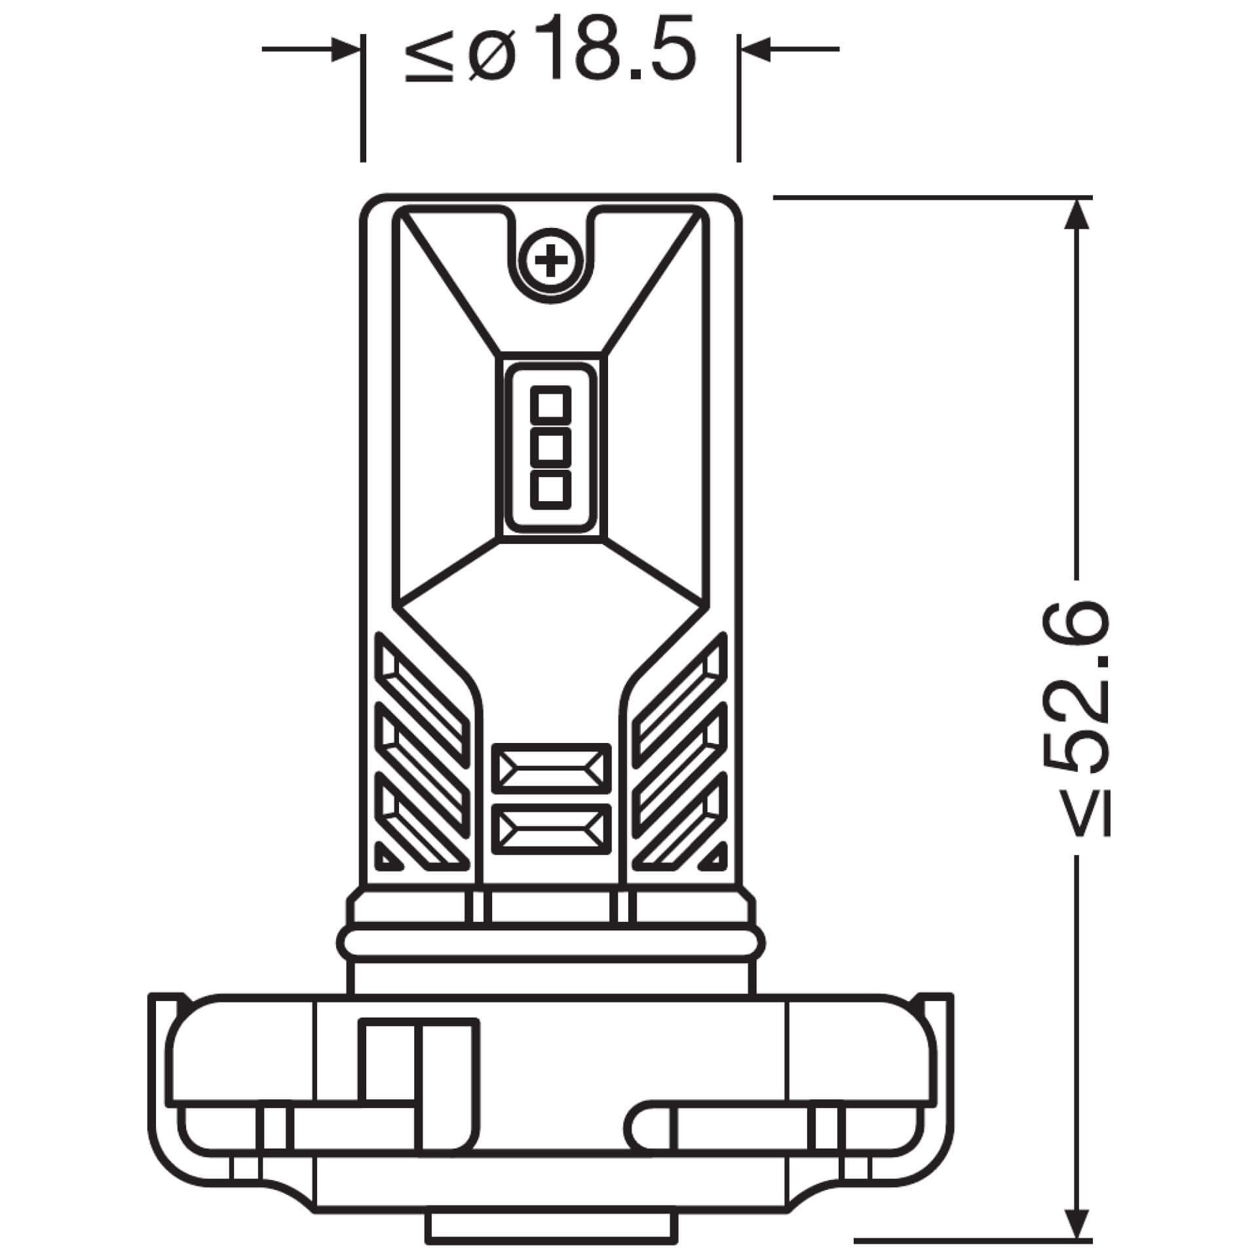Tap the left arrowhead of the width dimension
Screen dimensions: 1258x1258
click(x=346, y=49)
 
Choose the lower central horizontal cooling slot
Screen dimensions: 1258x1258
click(x=550, y=829)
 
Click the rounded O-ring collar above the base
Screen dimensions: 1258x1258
click(x=550, y=944)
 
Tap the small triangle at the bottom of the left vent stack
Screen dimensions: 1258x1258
click(x=387, y=859)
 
